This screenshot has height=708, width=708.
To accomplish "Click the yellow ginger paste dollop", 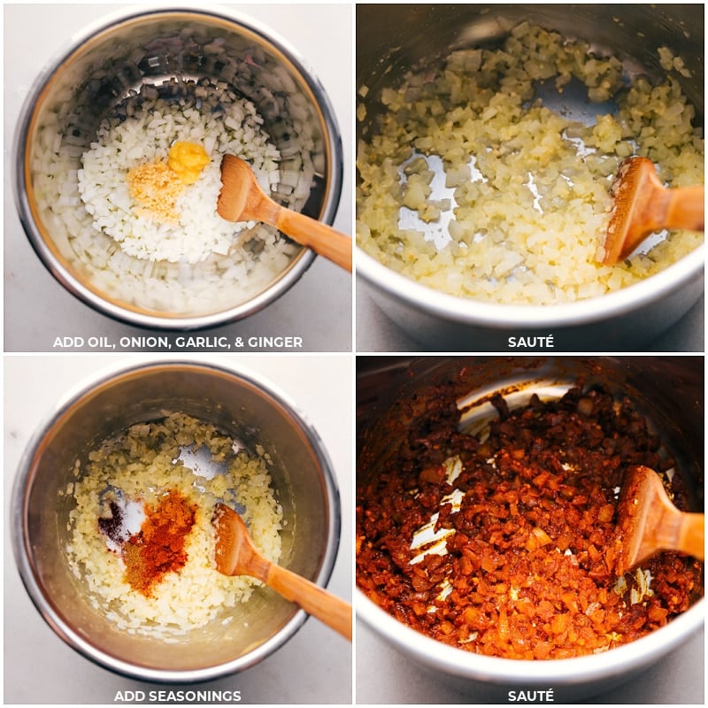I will click(x=189, y=160).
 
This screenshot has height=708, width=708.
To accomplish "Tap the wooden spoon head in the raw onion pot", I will click(x=239, y=189).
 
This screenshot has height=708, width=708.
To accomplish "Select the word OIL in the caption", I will click(x=95, y=342).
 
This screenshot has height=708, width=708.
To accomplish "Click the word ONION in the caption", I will click(x=142, y=342).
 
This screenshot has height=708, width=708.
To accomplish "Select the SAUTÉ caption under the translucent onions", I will click(x=531, y=342).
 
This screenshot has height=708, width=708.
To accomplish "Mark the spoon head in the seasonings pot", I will click(x=233, y=540).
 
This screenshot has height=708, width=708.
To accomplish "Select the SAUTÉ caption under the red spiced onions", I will click(x=531, y=696).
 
